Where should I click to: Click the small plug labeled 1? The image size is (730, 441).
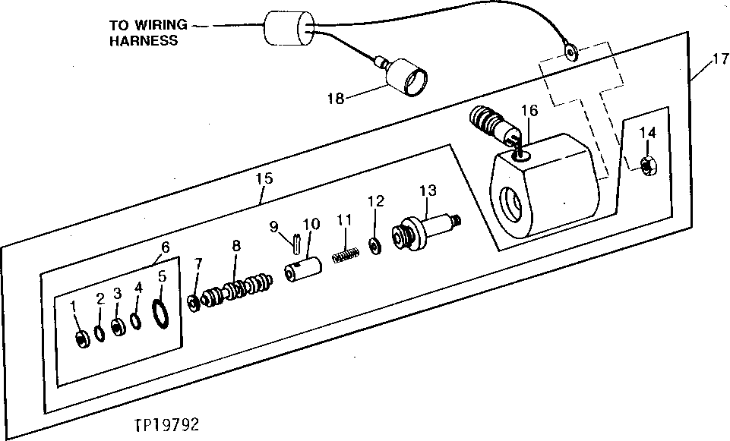(x=81, y=339)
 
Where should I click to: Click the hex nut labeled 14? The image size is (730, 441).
(x=648, y=163)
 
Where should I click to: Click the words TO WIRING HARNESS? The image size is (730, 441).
(x=146, y=31)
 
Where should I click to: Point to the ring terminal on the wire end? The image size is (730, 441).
(x=568, y=52)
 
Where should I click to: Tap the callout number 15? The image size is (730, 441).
(x=263, y=178)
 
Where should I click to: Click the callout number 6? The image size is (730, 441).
(x=165, y=246)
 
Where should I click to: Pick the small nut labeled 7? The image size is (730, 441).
(x=194, y=303)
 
